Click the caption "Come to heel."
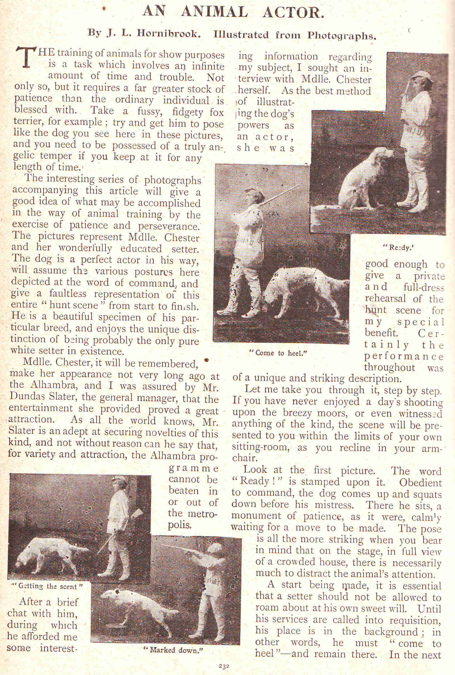pos(278,353)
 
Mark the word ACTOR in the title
pos(293,12)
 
